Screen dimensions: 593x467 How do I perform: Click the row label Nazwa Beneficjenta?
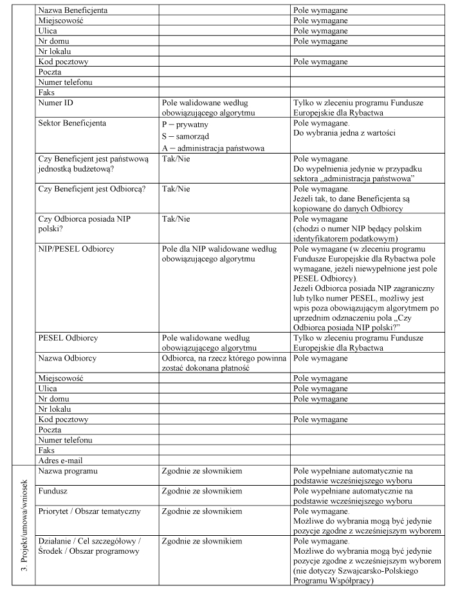tap(73, 11)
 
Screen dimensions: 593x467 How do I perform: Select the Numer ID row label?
tap(55, 102)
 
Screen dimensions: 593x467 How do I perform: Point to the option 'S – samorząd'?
tap(190, 137)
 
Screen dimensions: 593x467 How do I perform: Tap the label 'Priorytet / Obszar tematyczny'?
tap(89, 511)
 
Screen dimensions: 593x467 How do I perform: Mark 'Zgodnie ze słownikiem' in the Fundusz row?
tap(202, 491)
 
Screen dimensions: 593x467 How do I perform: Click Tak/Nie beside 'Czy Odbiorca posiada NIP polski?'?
tap(176, 218)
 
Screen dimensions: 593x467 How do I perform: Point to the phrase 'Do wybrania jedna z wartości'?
tap(344, 132)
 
